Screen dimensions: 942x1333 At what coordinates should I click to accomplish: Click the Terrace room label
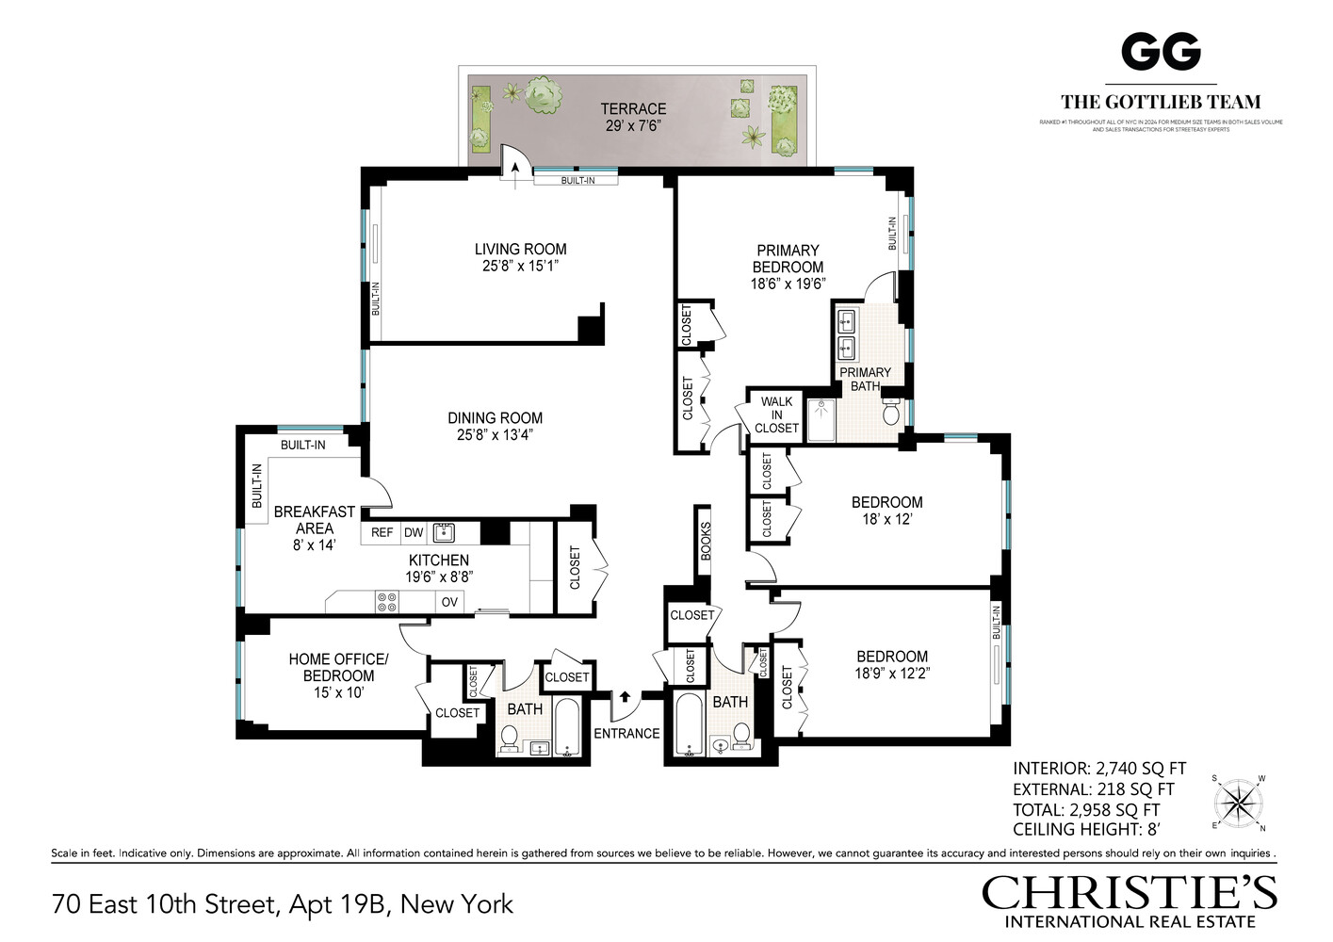(633, 108)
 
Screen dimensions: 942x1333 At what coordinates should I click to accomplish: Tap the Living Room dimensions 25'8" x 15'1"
(520, 267)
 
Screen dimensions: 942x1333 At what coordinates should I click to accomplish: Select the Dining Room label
(495, 417)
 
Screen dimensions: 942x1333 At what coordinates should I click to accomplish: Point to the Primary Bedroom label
(788, 258)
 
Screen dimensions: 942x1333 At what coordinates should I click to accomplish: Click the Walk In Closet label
(776, 414)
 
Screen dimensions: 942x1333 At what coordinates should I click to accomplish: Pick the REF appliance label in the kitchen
(382, 532)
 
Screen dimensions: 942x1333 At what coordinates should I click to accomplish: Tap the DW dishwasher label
(414, 532)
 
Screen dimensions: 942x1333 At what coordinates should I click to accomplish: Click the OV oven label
(449, 601)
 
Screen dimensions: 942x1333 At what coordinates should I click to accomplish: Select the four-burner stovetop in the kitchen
(386, 601)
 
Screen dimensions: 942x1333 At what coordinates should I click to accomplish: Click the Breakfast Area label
(314, 520)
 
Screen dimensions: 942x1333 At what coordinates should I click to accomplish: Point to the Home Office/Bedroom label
(338, 667)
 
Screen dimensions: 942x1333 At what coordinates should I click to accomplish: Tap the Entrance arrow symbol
(625, 697)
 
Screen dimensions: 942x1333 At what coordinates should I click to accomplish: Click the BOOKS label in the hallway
(706, 541)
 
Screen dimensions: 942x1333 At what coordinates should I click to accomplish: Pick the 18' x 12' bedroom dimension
(886, 519)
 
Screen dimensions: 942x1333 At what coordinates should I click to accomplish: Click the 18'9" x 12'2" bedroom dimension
(891, 674)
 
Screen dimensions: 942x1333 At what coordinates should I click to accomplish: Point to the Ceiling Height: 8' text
(1086, 830)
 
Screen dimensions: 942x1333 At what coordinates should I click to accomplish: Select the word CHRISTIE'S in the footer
(1129, 893)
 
